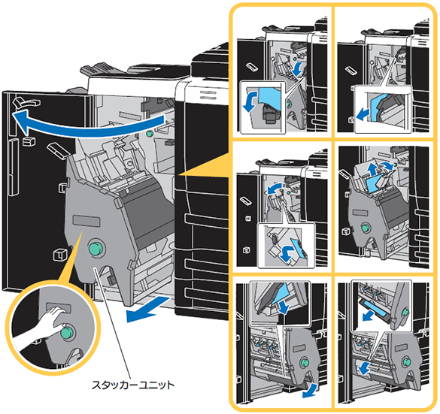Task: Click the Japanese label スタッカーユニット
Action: (133, 385)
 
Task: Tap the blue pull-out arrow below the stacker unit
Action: (147, 310)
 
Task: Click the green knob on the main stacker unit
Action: (96, 248)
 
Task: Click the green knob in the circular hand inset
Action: (67, 333)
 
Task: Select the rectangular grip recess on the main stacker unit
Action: (86, 221)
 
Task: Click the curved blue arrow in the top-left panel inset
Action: (250, 101)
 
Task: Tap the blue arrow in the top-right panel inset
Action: (363, 113)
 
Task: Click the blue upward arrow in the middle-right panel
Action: (373, 169)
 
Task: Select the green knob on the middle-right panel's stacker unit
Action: (365, 228)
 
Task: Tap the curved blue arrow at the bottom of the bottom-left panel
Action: (311, 391)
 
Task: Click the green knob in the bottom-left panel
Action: (305, 362)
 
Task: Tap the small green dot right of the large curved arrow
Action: (150, 133)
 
